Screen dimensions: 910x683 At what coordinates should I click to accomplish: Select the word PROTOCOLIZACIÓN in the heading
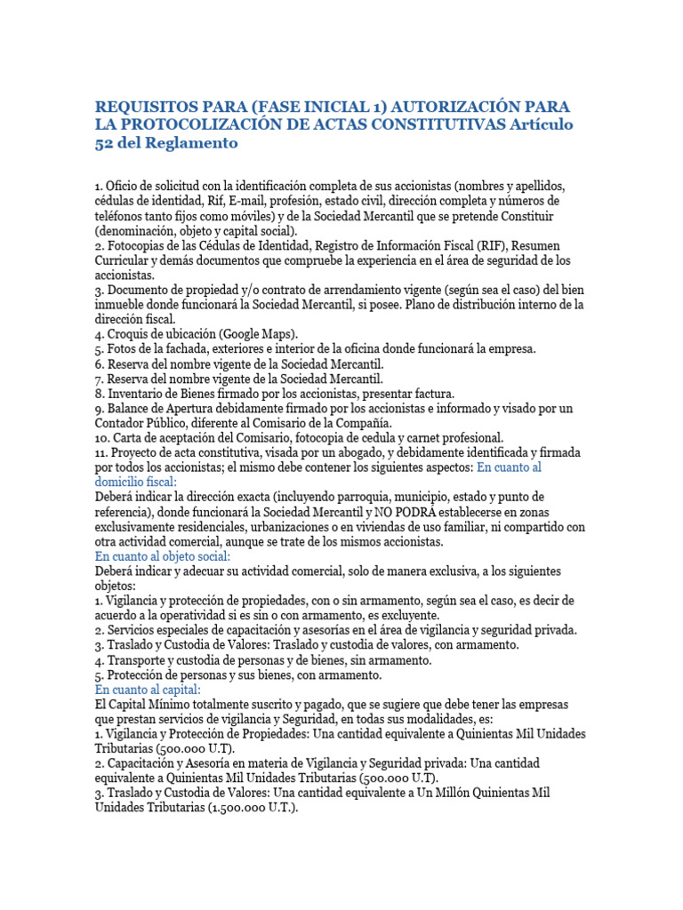coord(201,124)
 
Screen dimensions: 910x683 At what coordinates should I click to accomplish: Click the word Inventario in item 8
coord(137,393)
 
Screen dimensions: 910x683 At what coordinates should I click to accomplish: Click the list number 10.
coord(103,437)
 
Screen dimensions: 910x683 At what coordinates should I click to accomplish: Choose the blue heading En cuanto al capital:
coord(149,689)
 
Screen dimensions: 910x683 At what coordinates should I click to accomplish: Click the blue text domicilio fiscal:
coord(137,481)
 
